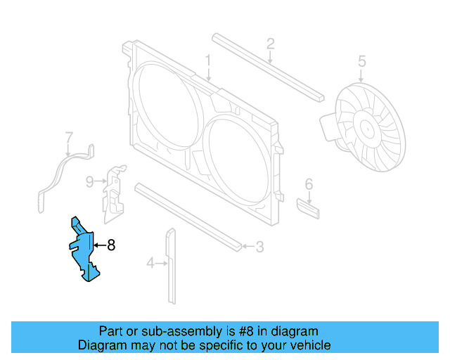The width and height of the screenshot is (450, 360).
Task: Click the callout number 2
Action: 270,44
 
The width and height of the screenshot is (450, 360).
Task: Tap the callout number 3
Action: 259,246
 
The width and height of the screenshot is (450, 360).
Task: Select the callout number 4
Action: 150,264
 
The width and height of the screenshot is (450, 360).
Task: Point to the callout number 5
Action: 361,61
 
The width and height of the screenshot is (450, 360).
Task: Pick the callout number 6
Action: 308,184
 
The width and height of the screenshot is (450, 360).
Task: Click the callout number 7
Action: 69,136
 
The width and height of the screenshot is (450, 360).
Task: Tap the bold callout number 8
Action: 110,245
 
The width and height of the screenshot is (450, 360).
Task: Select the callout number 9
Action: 89,182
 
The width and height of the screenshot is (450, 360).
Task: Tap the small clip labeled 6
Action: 308,209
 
